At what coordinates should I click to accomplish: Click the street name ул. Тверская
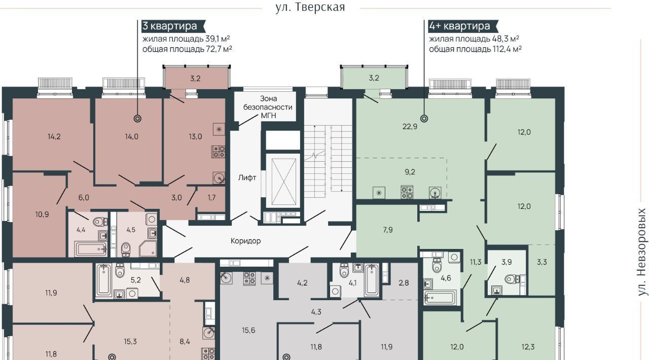[310, 7]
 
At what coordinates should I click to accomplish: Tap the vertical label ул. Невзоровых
[642, 252]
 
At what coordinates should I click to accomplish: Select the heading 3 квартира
[170, 26]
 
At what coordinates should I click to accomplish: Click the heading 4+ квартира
[459, 26]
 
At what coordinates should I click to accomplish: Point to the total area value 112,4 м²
[507, 49]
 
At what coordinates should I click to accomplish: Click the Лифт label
[247, 177]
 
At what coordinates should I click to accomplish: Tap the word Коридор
[246, 241]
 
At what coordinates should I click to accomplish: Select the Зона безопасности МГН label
[268, 107]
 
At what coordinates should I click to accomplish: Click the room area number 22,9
[410, 127]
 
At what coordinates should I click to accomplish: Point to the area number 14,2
[54, 136]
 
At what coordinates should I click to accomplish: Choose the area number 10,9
[42, 214]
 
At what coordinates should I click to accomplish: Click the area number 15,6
[248, 330]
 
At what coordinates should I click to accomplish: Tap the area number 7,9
[388, 230]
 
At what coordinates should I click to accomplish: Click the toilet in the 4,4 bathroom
[100, 222]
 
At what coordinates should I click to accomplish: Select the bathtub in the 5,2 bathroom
[103, 280]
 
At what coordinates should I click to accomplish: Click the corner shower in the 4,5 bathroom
[148, 248]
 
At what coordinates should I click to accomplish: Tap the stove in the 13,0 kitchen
[219, 152]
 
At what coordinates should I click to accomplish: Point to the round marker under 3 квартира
[137, 119]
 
